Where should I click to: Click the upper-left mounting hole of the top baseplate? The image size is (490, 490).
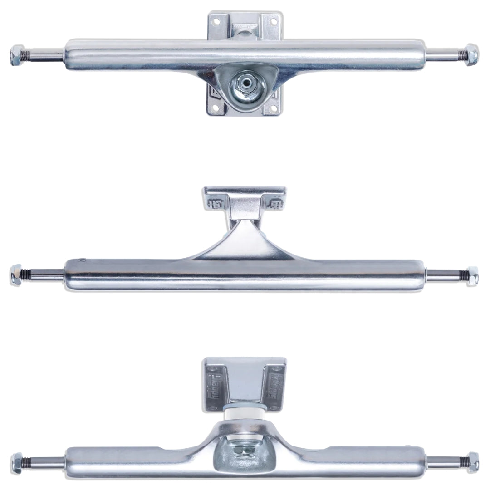coord(216,21)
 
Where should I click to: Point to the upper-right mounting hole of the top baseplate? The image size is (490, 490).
coord(274,21)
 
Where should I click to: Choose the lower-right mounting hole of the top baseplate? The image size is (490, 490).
coord(273,108)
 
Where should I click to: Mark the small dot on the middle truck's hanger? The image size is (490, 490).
coord(83,261)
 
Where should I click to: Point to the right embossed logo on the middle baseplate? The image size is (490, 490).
coord(276,201)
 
